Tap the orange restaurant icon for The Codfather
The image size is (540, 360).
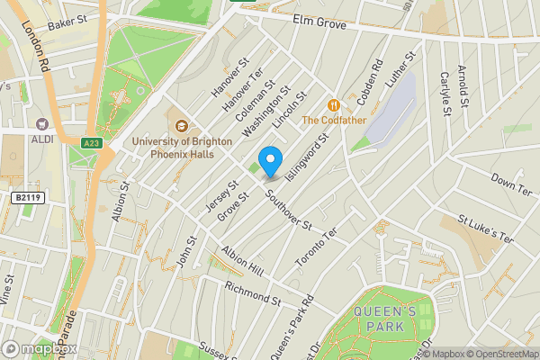[x=333, y=104]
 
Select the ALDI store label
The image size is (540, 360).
[x=40, y=139]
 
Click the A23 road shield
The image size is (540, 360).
[x=91, y=142]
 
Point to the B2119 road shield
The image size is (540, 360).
[x=28, y=196]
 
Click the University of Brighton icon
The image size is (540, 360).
[x=181, y=126]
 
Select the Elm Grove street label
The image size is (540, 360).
[x=320, y=25]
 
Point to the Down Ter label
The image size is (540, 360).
[x=511, y=186]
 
